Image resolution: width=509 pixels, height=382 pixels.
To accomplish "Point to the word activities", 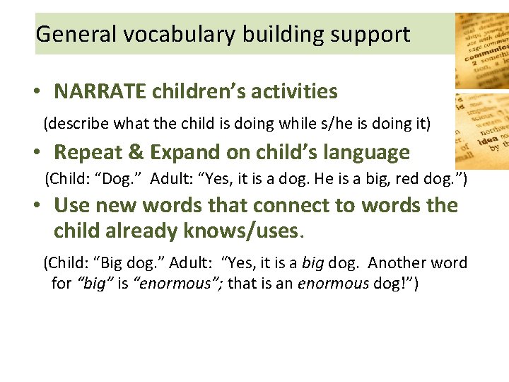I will click(294, 91).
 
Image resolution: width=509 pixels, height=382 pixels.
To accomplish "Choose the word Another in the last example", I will click(397, 263).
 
